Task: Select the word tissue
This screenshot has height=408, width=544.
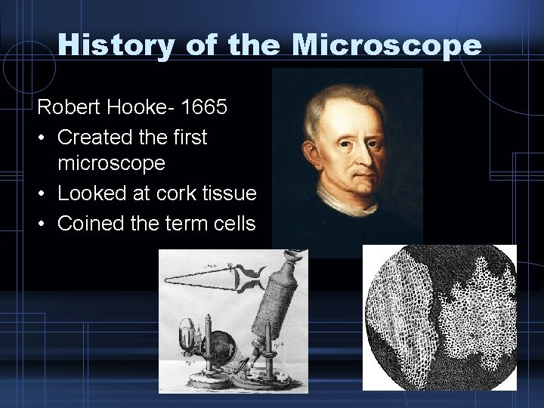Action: click(230, 194)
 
